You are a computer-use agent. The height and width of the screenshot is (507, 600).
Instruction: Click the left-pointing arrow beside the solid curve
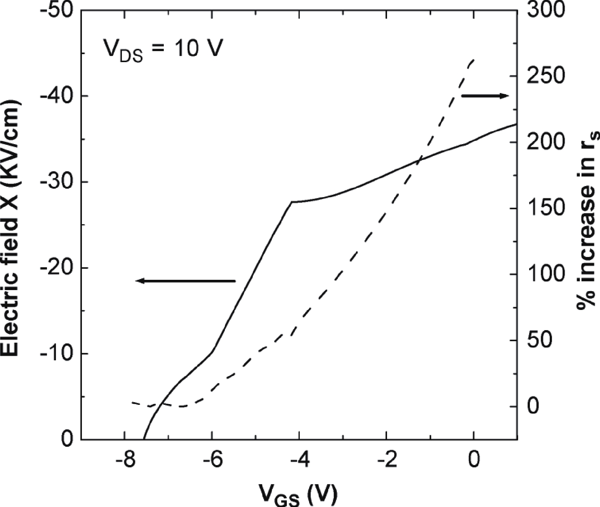click(x=186, y=281)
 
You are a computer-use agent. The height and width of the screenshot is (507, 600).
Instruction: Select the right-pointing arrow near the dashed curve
click(x=485, y=96)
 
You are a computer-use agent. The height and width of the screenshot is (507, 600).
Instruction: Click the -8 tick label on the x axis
click(x=125, y=460)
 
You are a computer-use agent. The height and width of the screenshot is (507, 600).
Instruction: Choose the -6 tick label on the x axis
click(x=212, y=460)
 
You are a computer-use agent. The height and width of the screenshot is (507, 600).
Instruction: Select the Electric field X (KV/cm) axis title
click(x=11, y=229)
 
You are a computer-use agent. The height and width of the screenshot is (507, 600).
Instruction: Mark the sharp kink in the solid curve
click(x=292, y=202)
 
